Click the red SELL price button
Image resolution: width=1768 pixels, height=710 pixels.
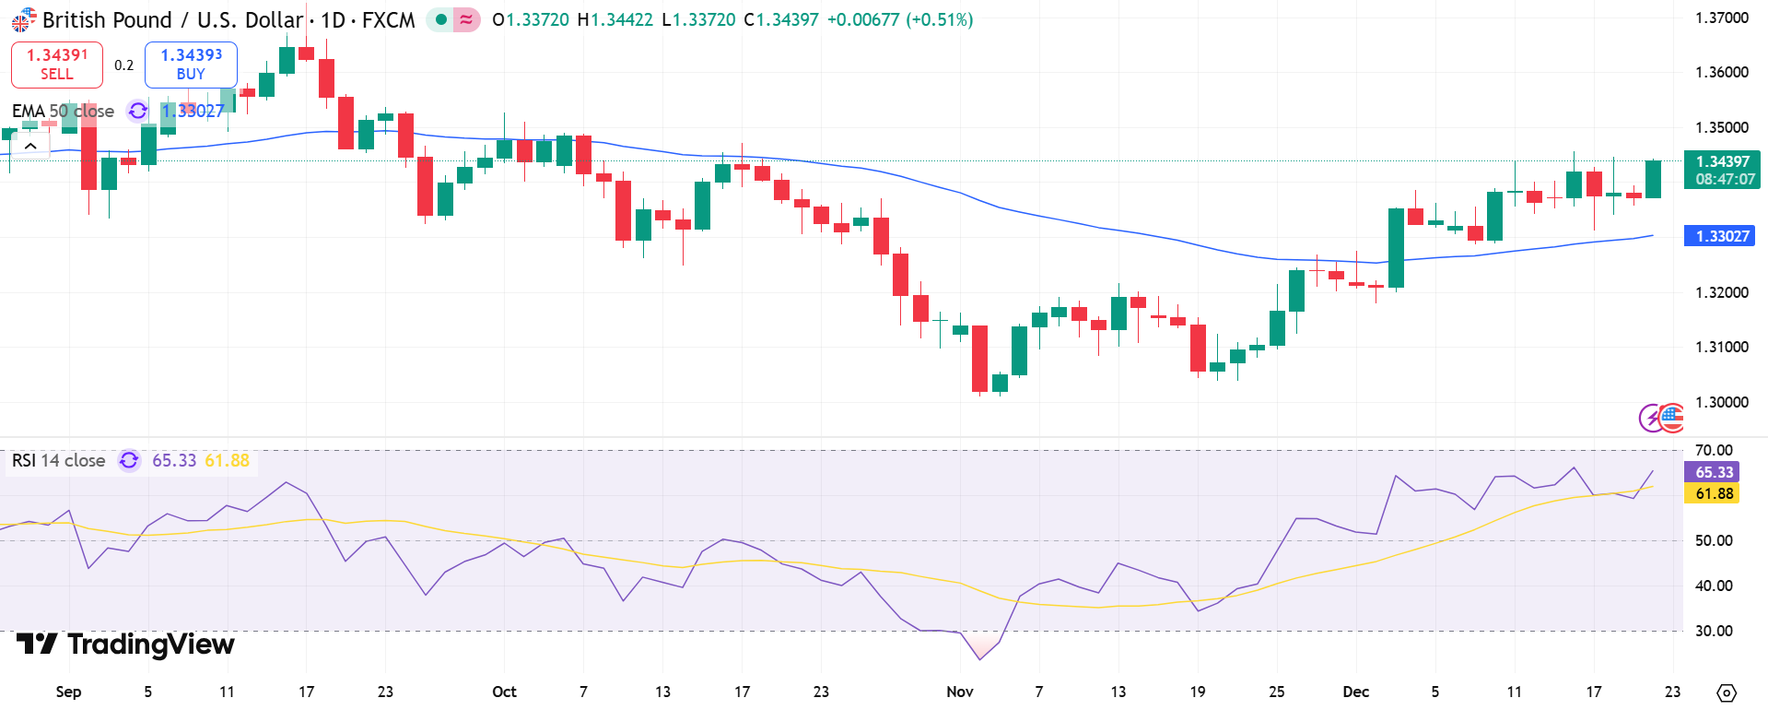(56, 65)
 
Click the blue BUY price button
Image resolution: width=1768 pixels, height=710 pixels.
(191, 65)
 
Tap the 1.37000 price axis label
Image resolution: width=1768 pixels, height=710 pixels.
(1721, 18)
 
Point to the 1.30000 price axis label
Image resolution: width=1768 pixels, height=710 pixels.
(1721, 402)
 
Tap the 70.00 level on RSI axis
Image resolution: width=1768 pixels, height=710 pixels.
(1714, 451)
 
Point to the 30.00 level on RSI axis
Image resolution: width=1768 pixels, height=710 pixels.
(1714, 631)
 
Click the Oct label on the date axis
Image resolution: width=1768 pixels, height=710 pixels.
(504, 692)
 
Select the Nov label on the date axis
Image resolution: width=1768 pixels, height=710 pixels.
(959, 692)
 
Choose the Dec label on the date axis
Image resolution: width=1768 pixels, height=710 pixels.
(1355, 692)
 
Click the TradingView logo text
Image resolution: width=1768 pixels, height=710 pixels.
(126, 644)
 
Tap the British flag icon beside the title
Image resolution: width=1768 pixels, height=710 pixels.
(23, 19)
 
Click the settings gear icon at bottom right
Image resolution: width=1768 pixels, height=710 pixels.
(1727, 692)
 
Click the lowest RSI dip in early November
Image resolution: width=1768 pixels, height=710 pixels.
(979, 658)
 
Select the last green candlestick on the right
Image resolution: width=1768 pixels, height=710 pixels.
(1653, 179)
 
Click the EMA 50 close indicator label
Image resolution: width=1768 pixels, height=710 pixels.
(63, 111)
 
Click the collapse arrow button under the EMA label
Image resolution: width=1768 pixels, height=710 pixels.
(30, 146)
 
